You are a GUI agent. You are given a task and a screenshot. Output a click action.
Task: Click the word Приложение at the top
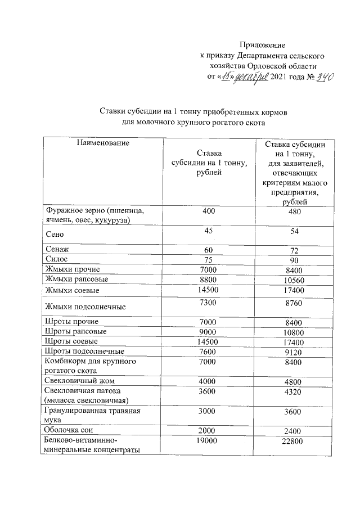[263, 44]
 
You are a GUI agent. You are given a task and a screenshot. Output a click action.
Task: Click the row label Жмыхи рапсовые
[76, 279]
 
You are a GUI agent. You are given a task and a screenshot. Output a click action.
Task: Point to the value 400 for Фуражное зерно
[209, 211]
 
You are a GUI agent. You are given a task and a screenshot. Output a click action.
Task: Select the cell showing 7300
[209, 303]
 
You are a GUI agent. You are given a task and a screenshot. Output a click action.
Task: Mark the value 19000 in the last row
[209, 441]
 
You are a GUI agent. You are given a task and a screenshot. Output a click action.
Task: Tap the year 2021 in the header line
[280, 77]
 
